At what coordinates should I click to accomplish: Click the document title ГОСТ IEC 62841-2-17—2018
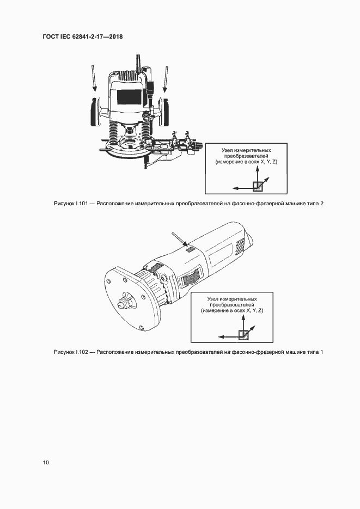point(82,36)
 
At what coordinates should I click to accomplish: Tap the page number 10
point(46,462)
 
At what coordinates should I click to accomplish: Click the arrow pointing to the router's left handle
point(94,78)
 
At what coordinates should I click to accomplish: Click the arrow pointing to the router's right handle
point(166,79)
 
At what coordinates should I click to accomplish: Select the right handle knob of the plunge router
point(164,112)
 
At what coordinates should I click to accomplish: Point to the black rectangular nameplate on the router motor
point(130,97)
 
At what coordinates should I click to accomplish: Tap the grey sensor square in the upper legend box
point(258,186)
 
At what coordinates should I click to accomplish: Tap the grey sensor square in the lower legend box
point(243,334)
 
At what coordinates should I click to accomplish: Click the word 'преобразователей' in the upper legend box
point(246,156)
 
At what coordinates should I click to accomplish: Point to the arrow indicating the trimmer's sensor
point(179,238)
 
